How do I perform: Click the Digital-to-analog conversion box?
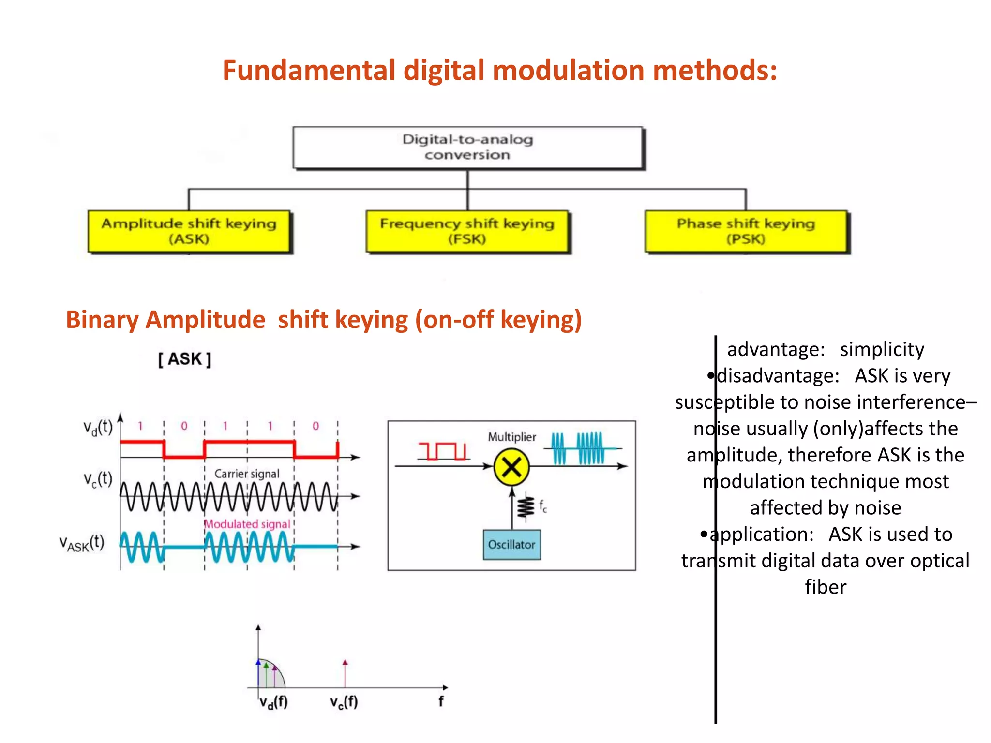click(x=467, y=148)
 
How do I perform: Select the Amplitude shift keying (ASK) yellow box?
click(x=189, y=231)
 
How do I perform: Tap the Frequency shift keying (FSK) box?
click(x=467, y=231)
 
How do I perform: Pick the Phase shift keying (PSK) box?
click(x=746, y=231)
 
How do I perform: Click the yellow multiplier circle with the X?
click(x=511, y=467)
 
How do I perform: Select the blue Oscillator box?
click(x=511, y=545)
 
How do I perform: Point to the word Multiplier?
click(x=511, y=437)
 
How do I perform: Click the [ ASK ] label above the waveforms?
click(x=184, y=359)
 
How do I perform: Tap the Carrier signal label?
click(x=247, y=474)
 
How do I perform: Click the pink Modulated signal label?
click(x=247, y=524)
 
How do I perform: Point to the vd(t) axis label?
click(x=98, y=428)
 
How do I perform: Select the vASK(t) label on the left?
click(x=81, y=543)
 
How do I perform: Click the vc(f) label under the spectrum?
click(x=344, y=702)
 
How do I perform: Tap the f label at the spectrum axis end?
click(x=441, y=701)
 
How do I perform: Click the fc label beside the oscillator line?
click(x=543, y=506)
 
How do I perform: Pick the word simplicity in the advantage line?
click(x=882, y=349)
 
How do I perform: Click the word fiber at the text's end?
click(x=826, y=587)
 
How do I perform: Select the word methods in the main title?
click(x=715, y=70)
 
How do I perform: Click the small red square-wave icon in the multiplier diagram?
click(x=442, y=451)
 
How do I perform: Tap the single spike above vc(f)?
click(x=345, y=673)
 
